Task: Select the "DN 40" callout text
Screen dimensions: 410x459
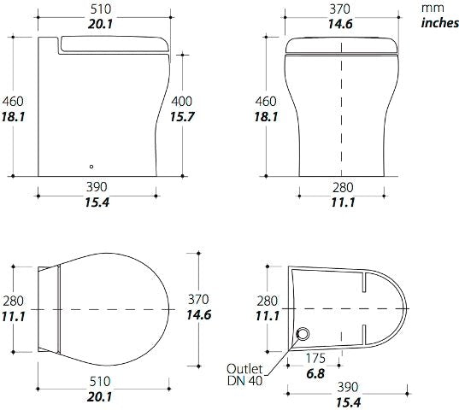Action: pos(243,381)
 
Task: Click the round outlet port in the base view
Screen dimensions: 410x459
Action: pos(301,333)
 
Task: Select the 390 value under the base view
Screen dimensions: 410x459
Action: pos(348,386)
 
